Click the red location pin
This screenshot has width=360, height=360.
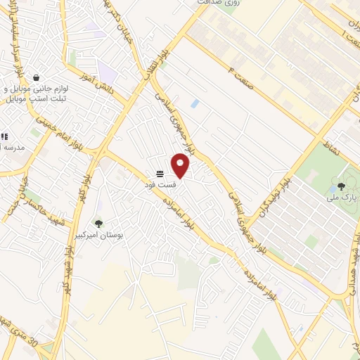181,165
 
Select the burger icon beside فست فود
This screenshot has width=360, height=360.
160,173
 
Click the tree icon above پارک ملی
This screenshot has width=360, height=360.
341,186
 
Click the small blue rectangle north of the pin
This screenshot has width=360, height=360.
195,104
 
